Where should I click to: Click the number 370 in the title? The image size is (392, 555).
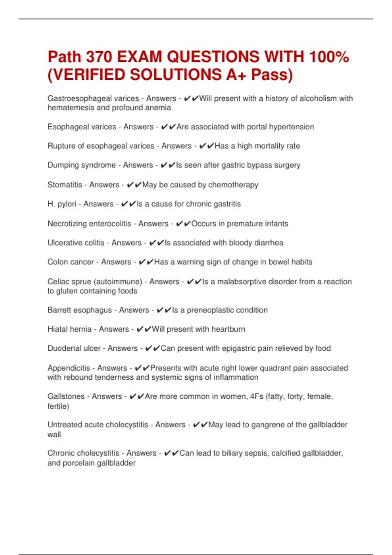99,57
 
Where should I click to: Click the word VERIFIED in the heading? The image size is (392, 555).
88,74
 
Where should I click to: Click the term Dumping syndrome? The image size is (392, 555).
82,165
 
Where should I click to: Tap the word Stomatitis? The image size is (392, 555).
65,185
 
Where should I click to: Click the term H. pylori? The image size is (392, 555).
62,204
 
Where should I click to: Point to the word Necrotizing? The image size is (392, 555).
67,224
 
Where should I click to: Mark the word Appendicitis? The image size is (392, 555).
69,368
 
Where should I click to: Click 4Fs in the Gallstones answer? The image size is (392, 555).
256,396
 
